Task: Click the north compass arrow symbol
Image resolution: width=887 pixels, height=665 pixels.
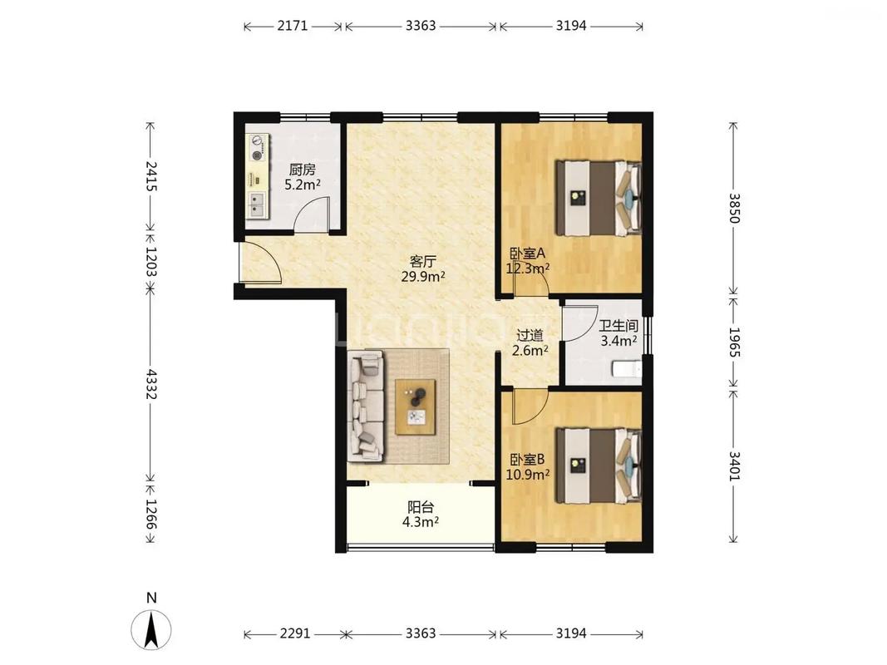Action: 151,629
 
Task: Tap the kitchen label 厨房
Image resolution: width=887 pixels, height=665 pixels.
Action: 302,169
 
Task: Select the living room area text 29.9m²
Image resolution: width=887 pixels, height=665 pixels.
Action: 422,277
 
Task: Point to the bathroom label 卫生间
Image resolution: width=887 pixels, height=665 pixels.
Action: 618,326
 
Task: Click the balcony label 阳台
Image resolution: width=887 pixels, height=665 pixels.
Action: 421,507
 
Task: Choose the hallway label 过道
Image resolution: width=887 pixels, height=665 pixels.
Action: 530,335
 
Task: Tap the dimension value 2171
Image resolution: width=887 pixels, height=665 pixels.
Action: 293,26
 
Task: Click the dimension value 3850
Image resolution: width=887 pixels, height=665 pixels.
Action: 734,208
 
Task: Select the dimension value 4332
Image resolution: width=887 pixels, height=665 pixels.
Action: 151,384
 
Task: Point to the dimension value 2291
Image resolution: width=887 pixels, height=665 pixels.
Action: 295,633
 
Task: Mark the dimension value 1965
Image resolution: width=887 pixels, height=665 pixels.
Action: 734,342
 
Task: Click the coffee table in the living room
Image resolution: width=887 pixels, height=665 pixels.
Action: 415,407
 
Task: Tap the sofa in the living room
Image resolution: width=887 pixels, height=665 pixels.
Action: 366,405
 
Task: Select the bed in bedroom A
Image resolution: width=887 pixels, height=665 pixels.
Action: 599,198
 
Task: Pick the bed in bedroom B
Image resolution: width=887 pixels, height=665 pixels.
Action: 599,465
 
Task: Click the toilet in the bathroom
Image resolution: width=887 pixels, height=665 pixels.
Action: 628,370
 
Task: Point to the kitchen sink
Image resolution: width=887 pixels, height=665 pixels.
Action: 258,205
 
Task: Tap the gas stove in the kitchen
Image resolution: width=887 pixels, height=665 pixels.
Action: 258,148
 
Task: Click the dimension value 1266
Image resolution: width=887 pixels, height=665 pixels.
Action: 151,514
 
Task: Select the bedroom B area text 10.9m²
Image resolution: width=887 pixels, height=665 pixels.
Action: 527,475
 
